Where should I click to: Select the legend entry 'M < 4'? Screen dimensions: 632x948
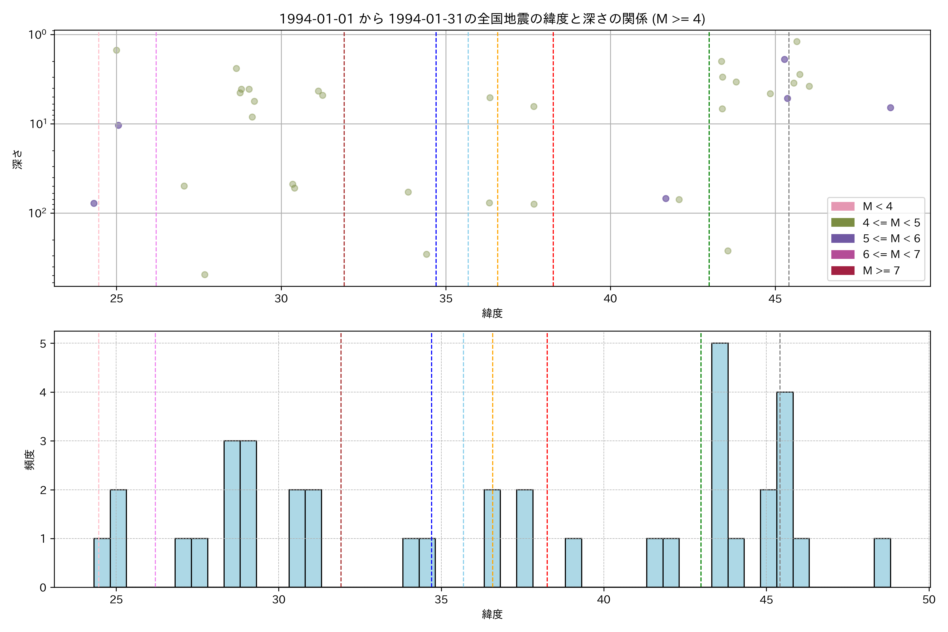877,206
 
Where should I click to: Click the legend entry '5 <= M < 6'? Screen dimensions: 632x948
891,239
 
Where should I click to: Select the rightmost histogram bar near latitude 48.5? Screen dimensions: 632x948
882,563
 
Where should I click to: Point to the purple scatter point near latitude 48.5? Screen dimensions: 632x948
890,108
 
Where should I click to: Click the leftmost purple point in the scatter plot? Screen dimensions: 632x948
94,204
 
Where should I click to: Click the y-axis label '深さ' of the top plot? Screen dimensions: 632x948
18,159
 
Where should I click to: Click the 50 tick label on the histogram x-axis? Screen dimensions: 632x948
929,600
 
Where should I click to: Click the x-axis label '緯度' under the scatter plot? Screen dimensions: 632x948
492,313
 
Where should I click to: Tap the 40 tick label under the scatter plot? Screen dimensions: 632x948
610,299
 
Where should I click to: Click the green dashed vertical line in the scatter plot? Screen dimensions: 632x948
709,161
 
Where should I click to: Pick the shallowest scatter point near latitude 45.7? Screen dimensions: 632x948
796,42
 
